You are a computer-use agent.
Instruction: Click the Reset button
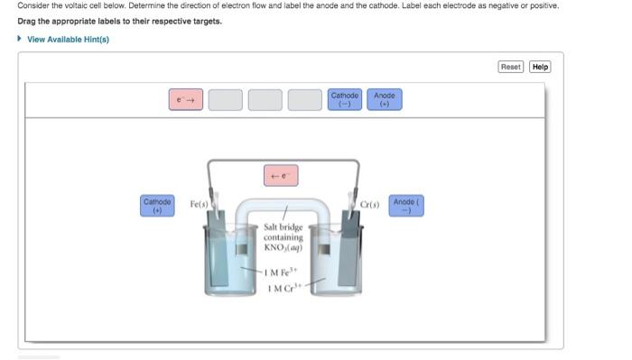511,67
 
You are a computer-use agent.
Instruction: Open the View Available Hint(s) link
68,39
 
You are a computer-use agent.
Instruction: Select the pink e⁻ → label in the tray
185,99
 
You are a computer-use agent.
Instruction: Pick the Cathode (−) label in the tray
345,99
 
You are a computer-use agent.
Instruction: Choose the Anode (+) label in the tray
385,99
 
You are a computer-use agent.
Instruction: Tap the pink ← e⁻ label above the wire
280,175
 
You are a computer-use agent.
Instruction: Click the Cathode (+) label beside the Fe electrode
157,206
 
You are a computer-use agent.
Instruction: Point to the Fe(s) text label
199,205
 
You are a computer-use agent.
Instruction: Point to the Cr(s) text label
369,205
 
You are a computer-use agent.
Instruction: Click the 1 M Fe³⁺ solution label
283,272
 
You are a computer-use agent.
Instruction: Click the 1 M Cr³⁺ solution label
283,288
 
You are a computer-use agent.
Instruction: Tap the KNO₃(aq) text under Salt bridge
283,247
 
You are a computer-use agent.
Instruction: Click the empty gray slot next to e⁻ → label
225,99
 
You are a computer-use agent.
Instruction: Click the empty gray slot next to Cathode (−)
304,99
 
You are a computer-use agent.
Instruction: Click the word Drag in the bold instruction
27,21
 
